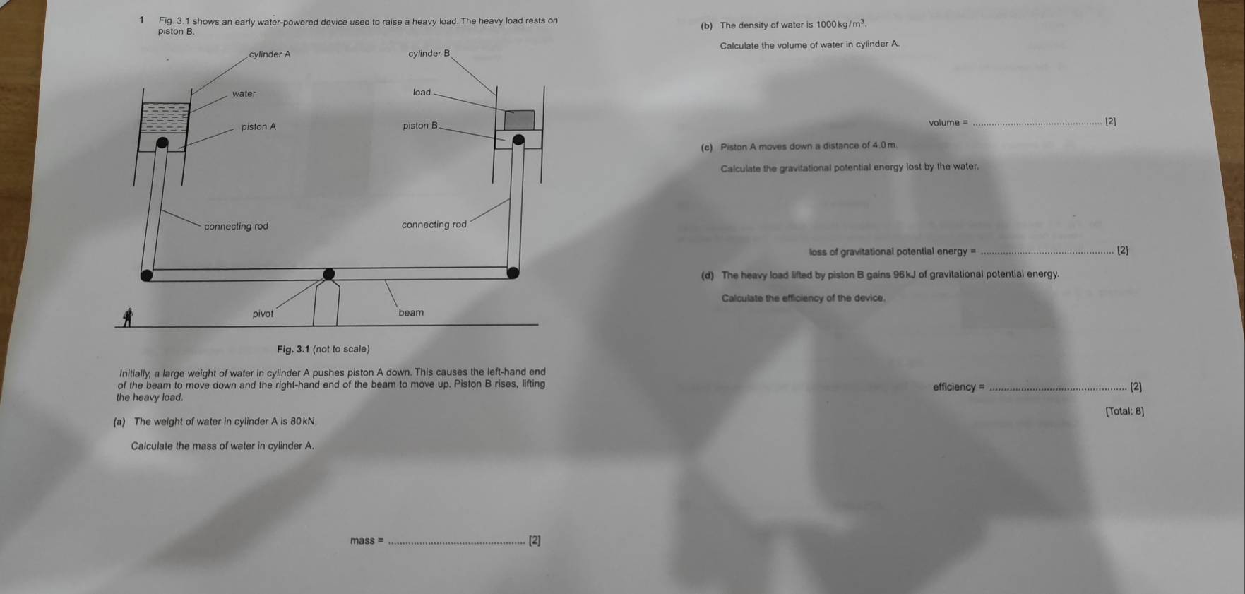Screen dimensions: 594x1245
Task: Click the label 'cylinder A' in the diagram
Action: [x=269, y=54]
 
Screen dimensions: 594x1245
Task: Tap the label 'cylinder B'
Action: [x=429, y=54]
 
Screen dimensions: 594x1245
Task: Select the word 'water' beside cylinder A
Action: [x=244, y=94]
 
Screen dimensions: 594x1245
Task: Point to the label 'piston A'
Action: [x=258, y=127]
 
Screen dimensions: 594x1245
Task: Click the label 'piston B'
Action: [x=420, y=126]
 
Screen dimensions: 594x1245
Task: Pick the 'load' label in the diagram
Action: [x=422, y=93]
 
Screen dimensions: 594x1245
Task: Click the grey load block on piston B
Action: [x=519, y=120]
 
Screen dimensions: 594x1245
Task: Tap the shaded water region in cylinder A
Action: [x=165, y=118]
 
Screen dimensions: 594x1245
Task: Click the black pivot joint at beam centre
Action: [x=329, y=274]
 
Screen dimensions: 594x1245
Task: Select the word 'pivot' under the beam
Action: [x=263, y=314]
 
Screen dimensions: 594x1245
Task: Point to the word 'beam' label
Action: [x=411, y=313]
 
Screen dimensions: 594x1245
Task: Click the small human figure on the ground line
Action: [x=128, y=319]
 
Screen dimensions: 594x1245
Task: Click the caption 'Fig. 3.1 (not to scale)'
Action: [x=323, y=349]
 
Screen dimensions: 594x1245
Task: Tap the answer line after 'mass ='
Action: [x=457, y=542]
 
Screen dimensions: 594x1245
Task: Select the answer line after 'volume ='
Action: [x=1036, y=124]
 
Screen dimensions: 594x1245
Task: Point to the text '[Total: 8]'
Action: [x=1124, y=411]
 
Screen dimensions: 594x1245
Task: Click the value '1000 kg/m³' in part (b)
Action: [x=840, y=25]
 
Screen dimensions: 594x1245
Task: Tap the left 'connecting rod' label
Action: [x=236, y=227]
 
